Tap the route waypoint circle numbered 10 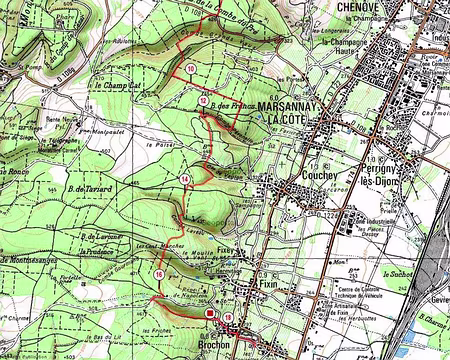point(190,68)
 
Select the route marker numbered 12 point(203,101)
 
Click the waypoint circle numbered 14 point(185,179)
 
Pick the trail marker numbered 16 point(159,274)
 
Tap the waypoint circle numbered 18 point(229,318)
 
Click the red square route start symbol point(210,314)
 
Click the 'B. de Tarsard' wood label point(88,187)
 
